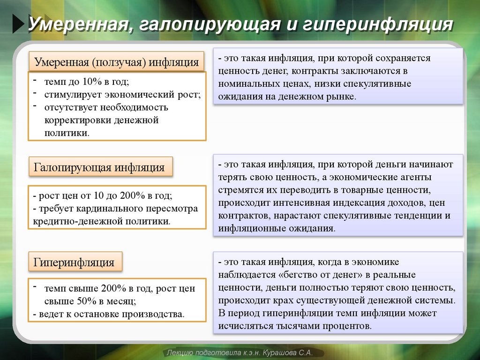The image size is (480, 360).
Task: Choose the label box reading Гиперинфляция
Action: click(x=75, y=262)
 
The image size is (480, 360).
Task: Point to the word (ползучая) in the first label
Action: click(x=119, y=62)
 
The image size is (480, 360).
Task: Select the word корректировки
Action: click(x=78, y=120)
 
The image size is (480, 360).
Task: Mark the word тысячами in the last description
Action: click(x=285, y=325)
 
